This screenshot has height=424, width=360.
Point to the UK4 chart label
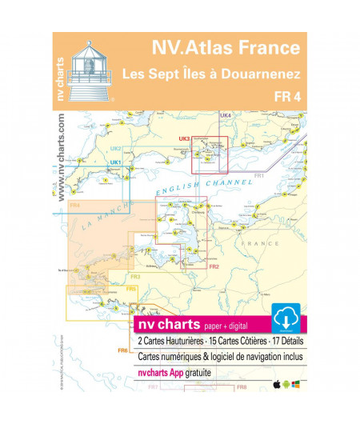coord(226,116)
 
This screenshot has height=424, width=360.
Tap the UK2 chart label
coord(115,149)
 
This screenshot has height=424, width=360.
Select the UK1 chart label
coord(115,163)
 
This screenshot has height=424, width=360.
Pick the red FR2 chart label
coord(214,266)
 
